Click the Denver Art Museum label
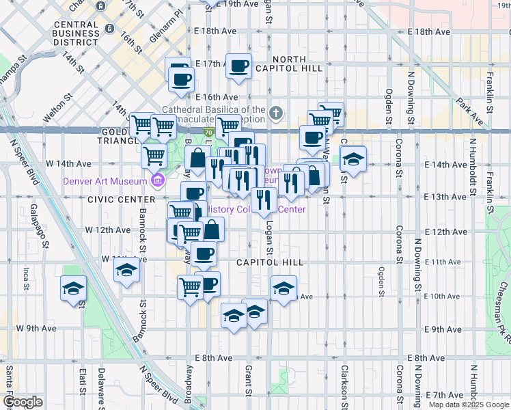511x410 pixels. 105,181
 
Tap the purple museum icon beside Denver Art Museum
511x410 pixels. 158,180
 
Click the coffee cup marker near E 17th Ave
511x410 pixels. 238,66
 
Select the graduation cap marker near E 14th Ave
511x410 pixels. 353,159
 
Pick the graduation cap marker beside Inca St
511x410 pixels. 73,288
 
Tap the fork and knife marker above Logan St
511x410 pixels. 263,200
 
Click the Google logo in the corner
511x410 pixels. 23,402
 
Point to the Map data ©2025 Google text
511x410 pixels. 469,405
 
